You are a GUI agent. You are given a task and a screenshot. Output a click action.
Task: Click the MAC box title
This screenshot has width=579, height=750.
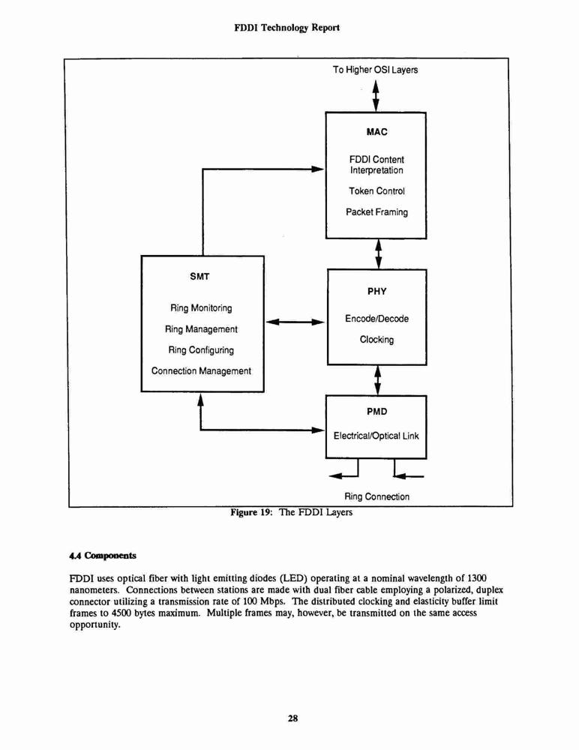(x=377, y=132)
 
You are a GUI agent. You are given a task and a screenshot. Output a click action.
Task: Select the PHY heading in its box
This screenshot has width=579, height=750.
(x=377, y=291)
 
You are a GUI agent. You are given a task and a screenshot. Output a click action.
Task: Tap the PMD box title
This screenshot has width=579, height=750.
(x=377, y=411)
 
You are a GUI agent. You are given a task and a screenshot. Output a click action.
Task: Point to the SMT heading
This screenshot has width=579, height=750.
(x=199, y=277)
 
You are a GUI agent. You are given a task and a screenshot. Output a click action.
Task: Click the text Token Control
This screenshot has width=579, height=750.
(x=376, y=191)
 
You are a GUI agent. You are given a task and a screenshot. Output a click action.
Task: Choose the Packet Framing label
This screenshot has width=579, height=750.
(x=377, y=212)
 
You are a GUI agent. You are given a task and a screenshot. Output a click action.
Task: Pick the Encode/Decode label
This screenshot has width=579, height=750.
(x=377, y=319)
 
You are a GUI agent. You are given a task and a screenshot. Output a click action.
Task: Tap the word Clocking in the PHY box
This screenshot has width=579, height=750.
(x=377, y=340)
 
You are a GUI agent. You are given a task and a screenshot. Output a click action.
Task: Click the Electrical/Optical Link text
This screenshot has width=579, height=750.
(x=376, y=436)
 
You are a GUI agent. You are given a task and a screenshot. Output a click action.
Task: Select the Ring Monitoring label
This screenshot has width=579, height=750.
(x=201, y=308)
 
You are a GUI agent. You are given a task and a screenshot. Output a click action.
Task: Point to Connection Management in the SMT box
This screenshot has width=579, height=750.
(x=201, y=371)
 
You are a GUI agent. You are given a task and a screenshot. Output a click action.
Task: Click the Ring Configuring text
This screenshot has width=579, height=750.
(x=201, y=350)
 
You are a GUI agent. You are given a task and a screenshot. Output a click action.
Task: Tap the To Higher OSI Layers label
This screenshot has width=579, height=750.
(x=376, y=70)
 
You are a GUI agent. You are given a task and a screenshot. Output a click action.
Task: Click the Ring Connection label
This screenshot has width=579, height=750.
(x=377, y=496)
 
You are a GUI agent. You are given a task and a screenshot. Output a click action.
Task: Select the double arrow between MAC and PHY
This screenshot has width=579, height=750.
(x=379, y=254)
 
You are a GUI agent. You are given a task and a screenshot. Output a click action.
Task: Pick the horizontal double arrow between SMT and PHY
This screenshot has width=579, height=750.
(x=295, y=322)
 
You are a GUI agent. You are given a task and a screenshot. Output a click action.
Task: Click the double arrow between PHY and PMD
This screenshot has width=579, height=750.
(x=377, y=380)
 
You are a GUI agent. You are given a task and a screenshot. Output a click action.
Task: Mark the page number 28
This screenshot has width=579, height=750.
(x=292, y=718)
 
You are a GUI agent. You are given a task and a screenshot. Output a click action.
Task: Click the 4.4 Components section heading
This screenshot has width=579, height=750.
(x=103, y=556)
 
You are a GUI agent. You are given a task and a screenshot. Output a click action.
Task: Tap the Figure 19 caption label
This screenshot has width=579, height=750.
(x=292, y=512)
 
